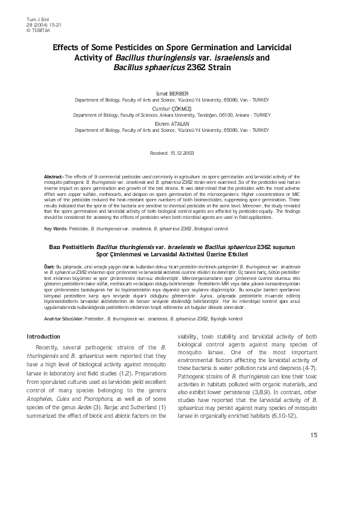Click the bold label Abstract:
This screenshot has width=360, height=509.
[54, 175]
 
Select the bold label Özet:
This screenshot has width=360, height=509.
[50, 266]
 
